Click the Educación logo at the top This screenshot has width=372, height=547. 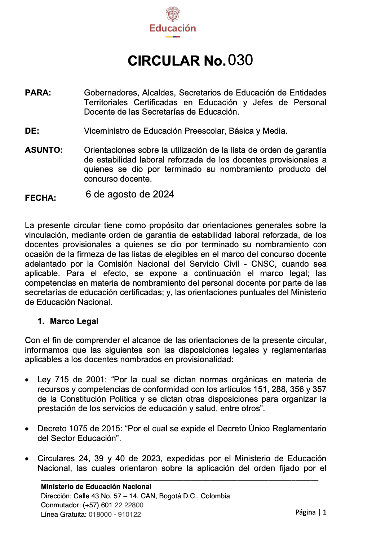pyautogui.click(x=173, y=22)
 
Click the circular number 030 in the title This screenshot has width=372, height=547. pyautogui.click(x=240, y=60)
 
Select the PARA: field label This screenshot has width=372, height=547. pyautogui.click(x=38, y=93)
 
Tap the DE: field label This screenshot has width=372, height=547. pyautogui.click(x=32, y=131)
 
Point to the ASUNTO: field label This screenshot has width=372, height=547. pyautogui.click(x=44, y=150)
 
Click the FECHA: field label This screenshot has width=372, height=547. pyautogui.click(x=40, y=198)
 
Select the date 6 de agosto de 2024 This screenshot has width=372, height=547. pyautogui.click(x=130, y=195)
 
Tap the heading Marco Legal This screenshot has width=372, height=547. pyautogui.click(x=74, y=321)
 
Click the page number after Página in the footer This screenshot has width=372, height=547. pyautogui.click(x=325, y=512)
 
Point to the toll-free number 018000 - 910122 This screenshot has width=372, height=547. pyautogui.click(x=115, y=515)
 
